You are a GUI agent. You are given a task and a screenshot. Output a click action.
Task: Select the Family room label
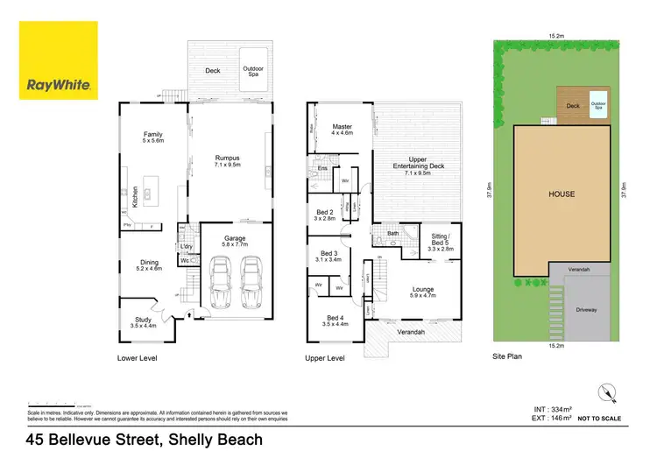coord(153,136)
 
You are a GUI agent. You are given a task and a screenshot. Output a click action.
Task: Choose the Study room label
coord(144,322)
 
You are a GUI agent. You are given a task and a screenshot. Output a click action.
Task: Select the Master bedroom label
coord(342,130)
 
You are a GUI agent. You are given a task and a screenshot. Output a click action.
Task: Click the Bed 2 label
coord(324,215)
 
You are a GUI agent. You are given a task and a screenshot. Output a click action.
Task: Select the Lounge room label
coord(423,292)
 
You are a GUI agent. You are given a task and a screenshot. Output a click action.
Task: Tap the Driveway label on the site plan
coord(587,310)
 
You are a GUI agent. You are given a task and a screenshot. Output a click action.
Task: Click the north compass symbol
coord(603,393)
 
